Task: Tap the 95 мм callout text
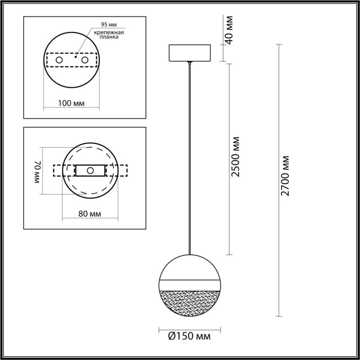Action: (x=107, y=24)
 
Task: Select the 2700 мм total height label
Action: (x=286, y=176)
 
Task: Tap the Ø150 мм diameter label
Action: (x=190, y=337)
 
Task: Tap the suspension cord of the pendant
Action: (x=190, y=156)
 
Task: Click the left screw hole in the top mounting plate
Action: (x=59, y=60)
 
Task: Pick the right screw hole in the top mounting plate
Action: (x=85, y=60)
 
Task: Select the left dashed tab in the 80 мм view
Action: (x=62, y=170)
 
